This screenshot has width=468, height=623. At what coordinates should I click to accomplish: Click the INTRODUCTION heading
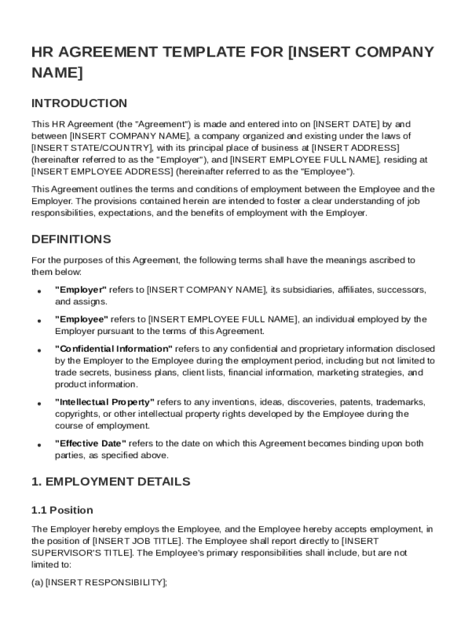click(x=80, y=103)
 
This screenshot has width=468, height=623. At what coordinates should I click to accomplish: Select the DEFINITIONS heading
click(x=71, y=239)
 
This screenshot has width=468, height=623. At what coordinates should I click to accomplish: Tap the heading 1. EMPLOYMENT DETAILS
click(x=111, y=482)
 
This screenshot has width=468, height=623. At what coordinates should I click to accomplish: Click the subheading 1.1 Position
click(x=63, y=510)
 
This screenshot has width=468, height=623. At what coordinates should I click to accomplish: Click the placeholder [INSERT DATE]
click(x=345, y=124)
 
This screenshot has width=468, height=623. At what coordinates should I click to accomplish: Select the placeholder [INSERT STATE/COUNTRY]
click(x=92, y=148)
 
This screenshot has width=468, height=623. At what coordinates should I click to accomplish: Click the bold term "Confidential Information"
click(x=114, y=349)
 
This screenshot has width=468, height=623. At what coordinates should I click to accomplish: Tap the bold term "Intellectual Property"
click(x=105, y=402)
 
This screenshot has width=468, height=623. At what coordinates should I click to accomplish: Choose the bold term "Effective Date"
click(x=91, y=444)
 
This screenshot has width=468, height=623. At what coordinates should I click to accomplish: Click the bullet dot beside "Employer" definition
click(x=39, y=291)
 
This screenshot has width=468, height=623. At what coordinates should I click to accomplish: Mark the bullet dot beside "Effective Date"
click(x=39, y=445)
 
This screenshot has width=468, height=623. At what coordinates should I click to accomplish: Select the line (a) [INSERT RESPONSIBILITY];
click(x=99, y=582)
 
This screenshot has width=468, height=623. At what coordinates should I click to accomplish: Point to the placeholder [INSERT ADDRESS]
click(x=355, y=148)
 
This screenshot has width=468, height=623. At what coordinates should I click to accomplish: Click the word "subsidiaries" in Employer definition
click(x=310, y=290)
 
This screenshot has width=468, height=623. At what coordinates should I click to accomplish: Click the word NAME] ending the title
click(x=57, y=73)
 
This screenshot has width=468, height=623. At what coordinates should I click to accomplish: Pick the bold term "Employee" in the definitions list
click(x=81, y=319)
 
